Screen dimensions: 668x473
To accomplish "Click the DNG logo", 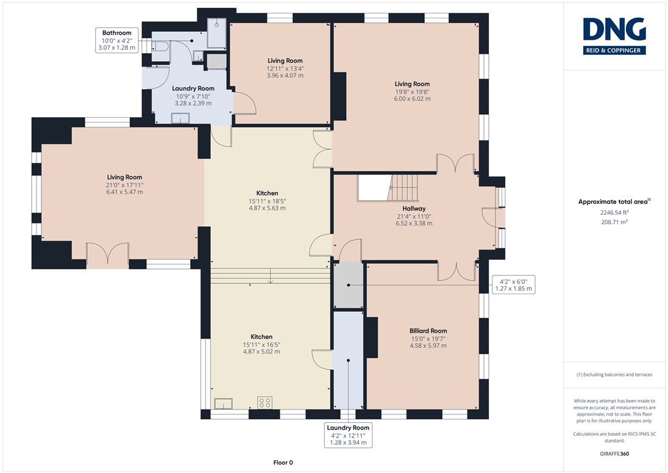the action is coord(614,36).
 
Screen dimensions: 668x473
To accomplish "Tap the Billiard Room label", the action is coord(428,331).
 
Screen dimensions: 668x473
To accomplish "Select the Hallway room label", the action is coord(414,209).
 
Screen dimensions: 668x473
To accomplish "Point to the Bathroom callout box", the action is coord(117,40).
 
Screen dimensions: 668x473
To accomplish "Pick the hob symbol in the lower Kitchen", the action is coord(265,402).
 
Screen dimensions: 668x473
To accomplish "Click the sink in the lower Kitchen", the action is coord(223,403).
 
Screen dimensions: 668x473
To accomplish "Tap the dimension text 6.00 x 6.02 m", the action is coord(412,98).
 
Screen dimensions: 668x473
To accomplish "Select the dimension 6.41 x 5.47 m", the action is coord(124,192).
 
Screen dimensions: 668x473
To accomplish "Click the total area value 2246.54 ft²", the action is coord(614,212).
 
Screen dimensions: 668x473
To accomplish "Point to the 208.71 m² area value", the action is coord(614,222).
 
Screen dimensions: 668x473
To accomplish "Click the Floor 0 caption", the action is coord(283,463).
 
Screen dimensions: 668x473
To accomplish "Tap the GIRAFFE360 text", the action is coord(614,453).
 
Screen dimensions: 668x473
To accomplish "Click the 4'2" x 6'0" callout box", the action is coord(513,285).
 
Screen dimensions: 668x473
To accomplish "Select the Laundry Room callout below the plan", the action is coord(348,435).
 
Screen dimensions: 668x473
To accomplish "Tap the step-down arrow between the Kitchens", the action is coord(270,275).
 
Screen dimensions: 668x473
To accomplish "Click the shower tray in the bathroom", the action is coord(217,33).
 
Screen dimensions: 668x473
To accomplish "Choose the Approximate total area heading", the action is coord(614,202).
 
